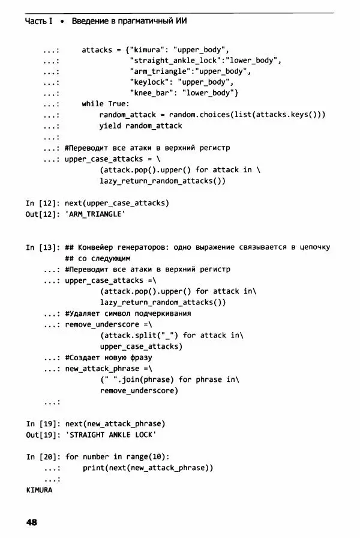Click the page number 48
(x=32, y=522)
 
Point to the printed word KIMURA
(x=40, y=490)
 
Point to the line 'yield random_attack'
(x=140, y=125)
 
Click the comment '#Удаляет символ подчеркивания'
(x=128, y=313)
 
